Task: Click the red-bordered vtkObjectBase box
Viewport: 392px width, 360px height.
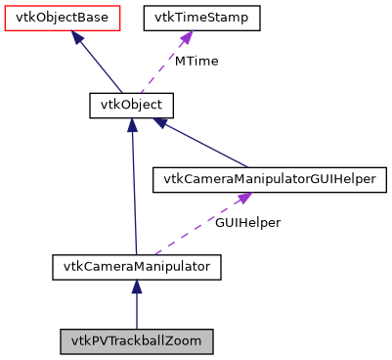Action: (x=62, y=18)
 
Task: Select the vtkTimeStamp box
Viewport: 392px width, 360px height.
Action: (x=201, y=18)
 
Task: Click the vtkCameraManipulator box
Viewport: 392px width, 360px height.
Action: (x=137, y=265)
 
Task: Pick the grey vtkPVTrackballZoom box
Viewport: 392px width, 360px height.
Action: (x=137, y=341)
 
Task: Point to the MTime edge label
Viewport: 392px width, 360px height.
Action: (x=196, y=61)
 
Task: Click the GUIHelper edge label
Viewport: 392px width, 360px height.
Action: (x=249, y=222)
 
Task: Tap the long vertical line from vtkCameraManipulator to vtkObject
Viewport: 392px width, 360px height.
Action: (x=134, y=196)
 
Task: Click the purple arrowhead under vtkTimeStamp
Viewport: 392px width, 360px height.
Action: (x=185, y=39)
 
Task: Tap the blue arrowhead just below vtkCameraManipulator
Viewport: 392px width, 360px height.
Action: (x=137, y=287)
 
